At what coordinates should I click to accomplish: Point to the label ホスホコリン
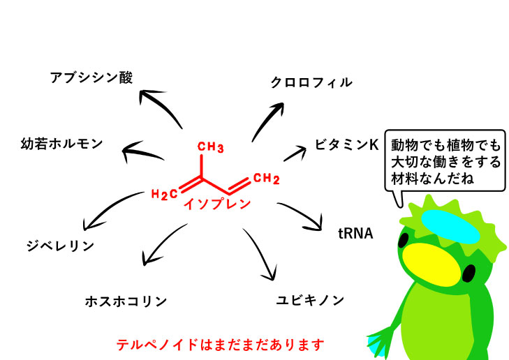(x=126, y=301)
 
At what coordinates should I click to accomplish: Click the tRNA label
(x=355, y=233)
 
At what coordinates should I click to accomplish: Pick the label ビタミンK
(x=346, y=144)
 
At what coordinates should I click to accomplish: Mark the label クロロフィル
(x=311, y=82)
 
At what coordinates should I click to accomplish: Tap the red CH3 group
(x=209, y=147)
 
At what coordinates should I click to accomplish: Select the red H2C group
(x=164, y=193)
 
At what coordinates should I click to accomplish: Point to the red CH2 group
(x=266, y=179)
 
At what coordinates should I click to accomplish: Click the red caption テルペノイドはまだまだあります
(x=220, y=345)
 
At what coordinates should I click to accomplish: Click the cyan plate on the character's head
(x=450, y=225)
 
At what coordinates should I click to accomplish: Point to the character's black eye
(x=404, y=239)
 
